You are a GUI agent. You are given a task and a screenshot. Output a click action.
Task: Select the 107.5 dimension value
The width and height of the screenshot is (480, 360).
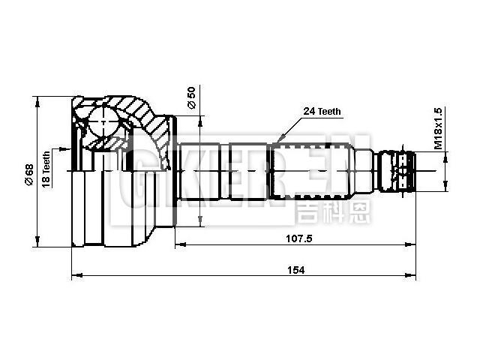point(298,238)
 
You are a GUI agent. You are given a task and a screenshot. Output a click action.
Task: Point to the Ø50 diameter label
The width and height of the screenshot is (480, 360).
point(191,98)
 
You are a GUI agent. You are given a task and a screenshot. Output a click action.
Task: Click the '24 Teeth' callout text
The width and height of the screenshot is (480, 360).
point(322,111)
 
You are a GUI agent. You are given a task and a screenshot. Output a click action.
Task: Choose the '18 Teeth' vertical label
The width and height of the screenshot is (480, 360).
point(46,169)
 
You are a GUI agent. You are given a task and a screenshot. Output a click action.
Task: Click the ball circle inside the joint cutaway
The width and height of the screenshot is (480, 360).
point(101,119)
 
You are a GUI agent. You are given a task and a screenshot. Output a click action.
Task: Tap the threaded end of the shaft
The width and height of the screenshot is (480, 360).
point(396,172)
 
